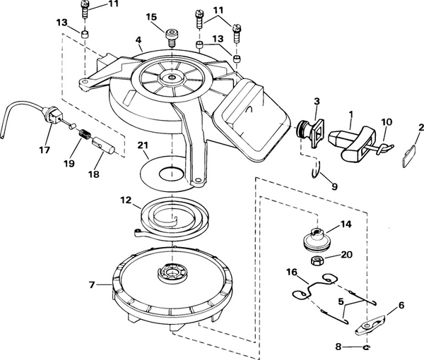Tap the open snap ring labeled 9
point(317,170)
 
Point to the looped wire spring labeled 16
point(306,292)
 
